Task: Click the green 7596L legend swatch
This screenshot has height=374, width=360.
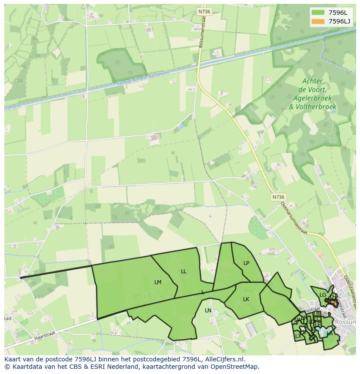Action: click(x=318, y=13)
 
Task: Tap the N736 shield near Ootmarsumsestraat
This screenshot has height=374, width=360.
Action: click(x=278, y=197)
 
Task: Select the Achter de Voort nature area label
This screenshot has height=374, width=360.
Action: click(x=312, y=93)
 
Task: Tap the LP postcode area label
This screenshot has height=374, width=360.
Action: click(x=247, y=263)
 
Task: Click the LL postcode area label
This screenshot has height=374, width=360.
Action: click(x=183, y=271)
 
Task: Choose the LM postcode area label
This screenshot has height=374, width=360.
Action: click(x=158, y=282)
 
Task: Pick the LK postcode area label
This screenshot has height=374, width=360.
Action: click(x=246, y=299)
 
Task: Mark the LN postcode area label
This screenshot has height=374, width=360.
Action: click(x=208, y=311)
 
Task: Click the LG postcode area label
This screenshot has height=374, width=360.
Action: click(x=323, y=295)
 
